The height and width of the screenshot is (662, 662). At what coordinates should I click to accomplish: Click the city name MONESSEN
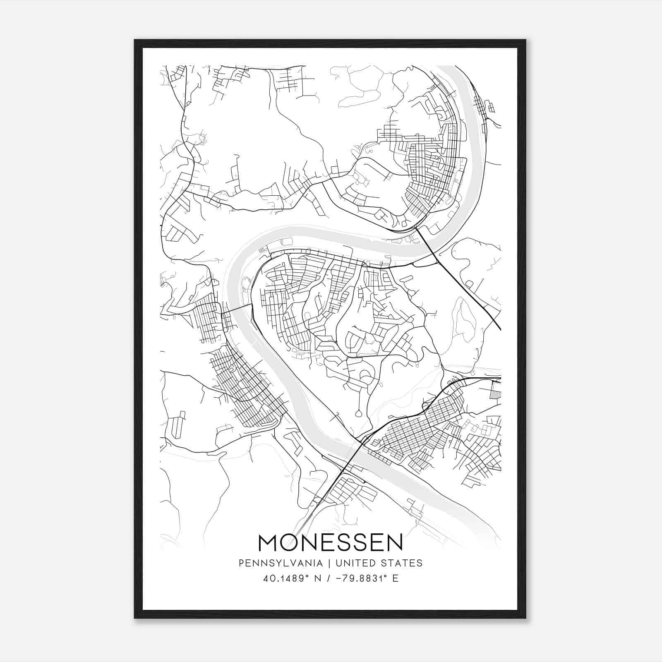331,542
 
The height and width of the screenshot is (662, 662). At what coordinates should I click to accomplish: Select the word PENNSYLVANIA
280,563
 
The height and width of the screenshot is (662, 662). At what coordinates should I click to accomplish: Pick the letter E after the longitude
395,578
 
